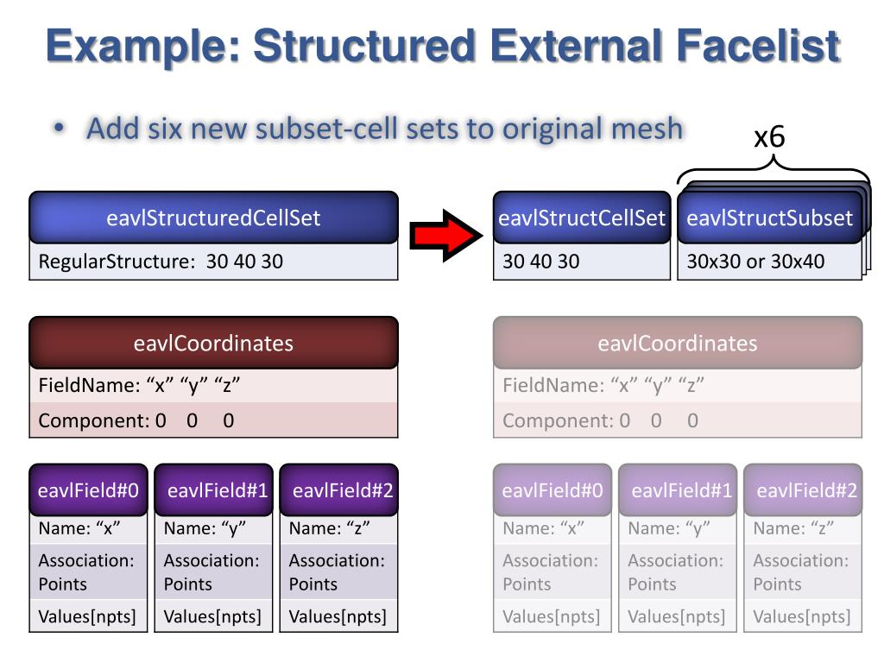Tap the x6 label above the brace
coord(769,136)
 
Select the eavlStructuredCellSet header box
coord(213,218)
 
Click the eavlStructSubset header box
coord(769,218)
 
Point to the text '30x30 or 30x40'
coord(755,261)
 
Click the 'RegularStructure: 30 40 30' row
coord(213,261)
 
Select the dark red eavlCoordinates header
coord(213,343)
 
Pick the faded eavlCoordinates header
coord(677,343)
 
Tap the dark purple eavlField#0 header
coord(89,490)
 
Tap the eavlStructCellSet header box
coord(582,218)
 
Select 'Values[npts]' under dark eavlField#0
coord(87,616)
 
